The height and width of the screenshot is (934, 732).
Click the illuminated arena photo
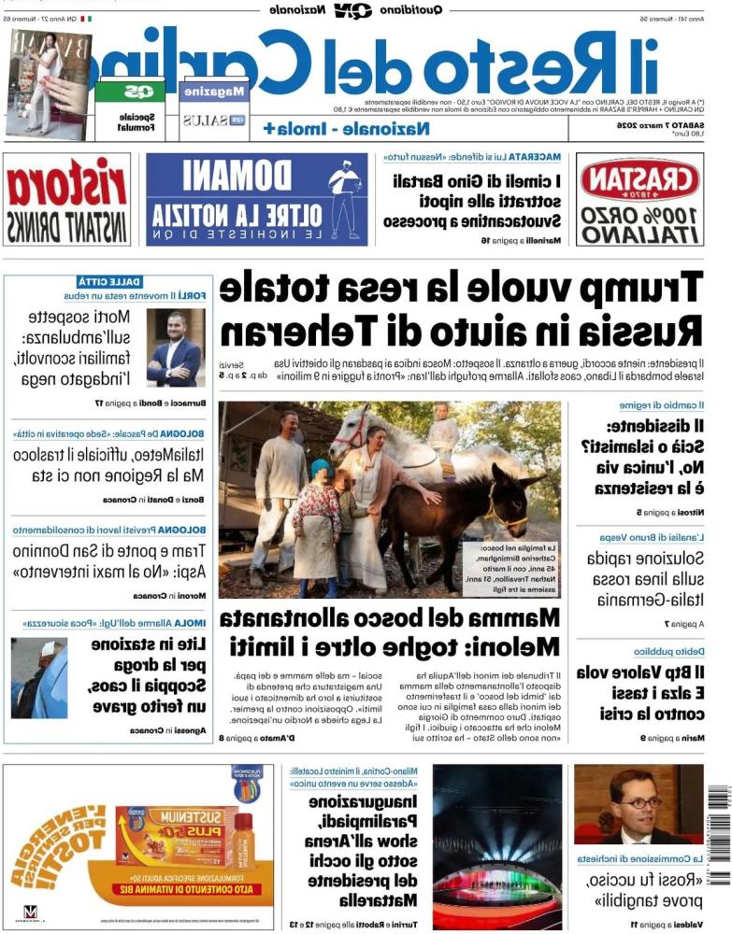click(496, 846)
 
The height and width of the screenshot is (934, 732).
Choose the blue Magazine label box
click(214, 92)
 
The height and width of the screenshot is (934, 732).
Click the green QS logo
click(130, 91)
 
